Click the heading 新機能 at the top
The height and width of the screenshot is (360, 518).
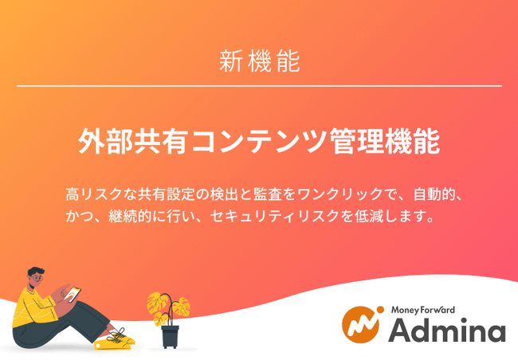pos(260,61)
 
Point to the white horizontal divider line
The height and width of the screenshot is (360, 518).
pos(259,86)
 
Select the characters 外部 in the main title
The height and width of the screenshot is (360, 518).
pos(106,141)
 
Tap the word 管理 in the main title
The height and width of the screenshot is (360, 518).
pos(357,141)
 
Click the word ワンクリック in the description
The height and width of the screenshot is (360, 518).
pos(340,194)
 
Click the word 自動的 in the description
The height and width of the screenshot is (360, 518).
pos(434,194)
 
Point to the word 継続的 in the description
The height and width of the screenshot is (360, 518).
pos(130,216)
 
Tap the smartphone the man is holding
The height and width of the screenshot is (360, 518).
pos(73,294)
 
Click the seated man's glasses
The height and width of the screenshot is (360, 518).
pos(37,278)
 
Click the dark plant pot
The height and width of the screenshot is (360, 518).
pos(170,336)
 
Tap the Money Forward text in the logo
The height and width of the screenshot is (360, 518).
pos(423,310)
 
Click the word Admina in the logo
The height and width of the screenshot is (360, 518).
pos(447,331)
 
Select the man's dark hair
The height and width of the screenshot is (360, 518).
pos(35,272)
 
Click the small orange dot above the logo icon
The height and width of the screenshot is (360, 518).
pos(380,310)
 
